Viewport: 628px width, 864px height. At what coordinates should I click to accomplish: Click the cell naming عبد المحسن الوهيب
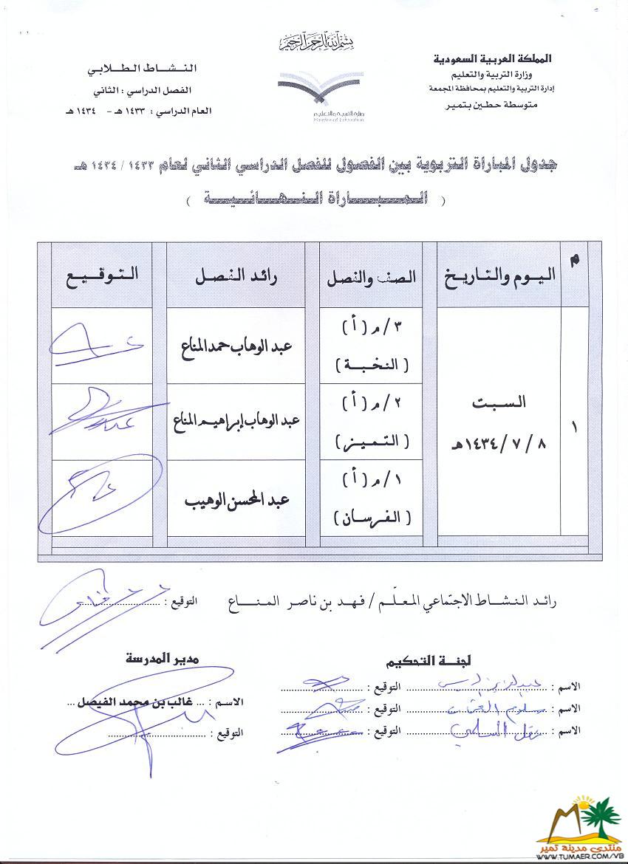tap(242, 500)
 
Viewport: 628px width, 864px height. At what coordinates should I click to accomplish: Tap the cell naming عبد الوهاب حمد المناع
tap(242, 347)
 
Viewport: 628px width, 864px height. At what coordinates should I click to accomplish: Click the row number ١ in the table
tap(574, 427)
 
